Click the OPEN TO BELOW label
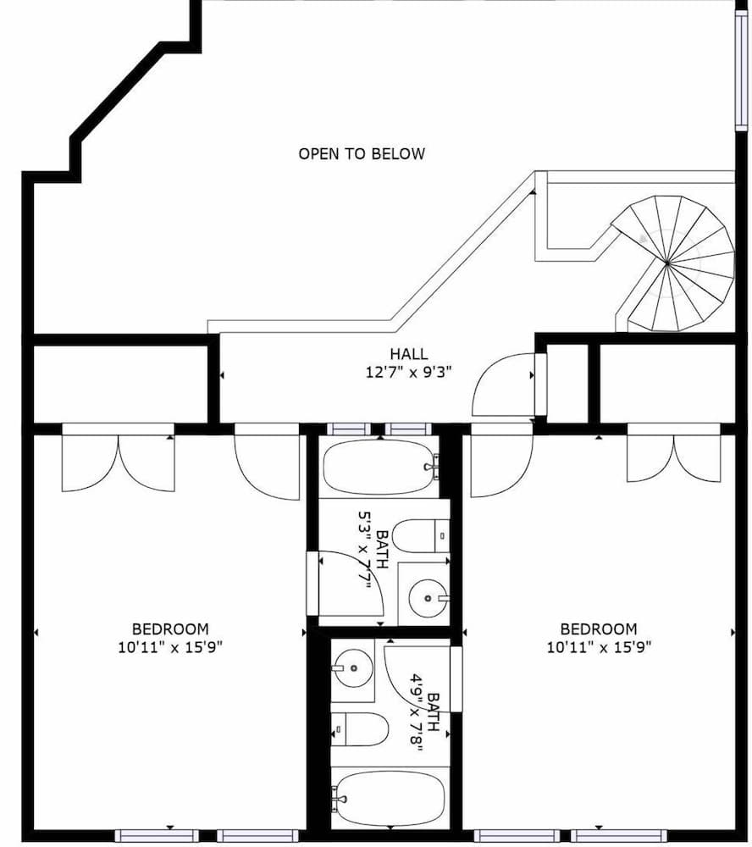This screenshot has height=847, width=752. (x=362, y=153)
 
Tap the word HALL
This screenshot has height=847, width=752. (x=409, y=354)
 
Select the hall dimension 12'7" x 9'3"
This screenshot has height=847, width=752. (x=409, y=374)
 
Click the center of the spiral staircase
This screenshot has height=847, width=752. (x=667, y=264)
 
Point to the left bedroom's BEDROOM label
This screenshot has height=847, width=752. (x=170, y=628)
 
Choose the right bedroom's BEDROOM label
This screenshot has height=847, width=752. (x=599, y=628)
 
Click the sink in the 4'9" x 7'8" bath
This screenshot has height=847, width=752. (x=351, y=667)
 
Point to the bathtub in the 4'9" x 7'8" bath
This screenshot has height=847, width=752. (x=388, y=798)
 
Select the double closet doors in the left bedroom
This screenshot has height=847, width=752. (x=119, y=462)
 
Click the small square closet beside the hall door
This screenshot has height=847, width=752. (x=567, y=383)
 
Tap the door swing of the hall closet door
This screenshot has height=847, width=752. (x=504, y=386)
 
